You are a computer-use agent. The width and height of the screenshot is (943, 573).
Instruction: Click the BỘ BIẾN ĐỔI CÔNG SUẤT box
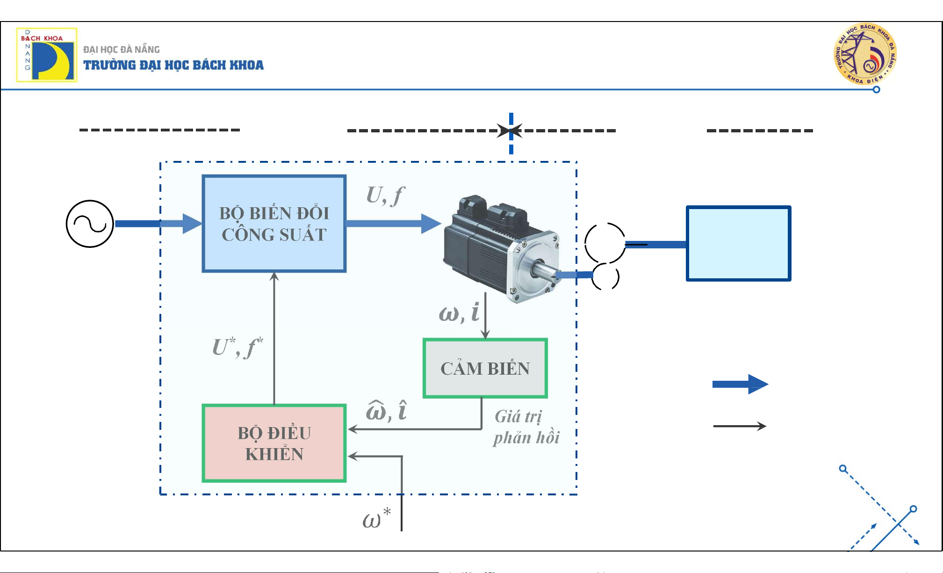click(x=274, y=224)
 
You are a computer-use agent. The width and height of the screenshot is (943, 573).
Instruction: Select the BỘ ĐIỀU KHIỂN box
click(x=274, y=443)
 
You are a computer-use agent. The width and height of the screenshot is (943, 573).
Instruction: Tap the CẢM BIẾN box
click(x=485, y=368)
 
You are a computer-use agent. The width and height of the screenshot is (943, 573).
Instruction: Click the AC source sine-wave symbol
click(x=90, y=224)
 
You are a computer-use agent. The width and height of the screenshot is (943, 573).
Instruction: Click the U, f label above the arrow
click(x=385, y=195)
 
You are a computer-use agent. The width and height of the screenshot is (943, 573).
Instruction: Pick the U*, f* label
click(x=238, y=347)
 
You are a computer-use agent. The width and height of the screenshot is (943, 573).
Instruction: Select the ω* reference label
click(x=376, y=518)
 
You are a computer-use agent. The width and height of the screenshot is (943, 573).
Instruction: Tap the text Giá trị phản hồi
click(x=526, y=427)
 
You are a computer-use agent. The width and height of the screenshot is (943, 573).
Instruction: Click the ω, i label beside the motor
click(x=459, y=312)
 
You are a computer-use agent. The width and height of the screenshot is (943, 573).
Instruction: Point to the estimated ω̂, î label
click(x=386, y=410)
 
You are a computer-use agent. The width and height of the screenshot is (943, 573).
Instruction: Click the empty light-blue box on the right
click(x=738, y=243)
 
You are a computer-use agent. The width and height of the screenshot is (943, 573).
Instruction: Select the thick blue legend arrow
click(x=740, y=384)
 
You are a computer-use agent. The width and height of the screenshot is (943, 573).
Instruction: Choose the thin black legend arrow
click(x=739, y=426)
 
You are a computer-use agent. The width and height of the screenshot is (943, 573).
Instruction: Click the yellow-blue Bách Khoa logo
click(x=47, y=55)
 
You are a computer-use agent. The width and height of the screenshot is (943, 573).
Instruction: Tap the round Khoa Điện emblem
click(x=865, y=54)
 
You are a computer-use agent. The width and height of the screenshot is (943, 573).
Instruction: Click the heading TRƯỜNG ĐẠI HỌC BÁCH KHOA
click(x=173, y=65)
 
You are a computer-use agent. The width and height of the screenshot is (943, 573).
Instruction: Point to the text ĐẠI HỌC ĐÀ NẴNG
click(x=122, y=49)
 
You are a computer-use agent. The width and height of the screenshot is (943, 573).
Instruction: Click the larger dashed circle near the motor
click(x=605, y=243)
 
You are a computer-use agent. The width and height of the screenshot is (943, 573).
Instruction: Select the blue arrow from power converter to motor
click(x=393, y=224)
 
